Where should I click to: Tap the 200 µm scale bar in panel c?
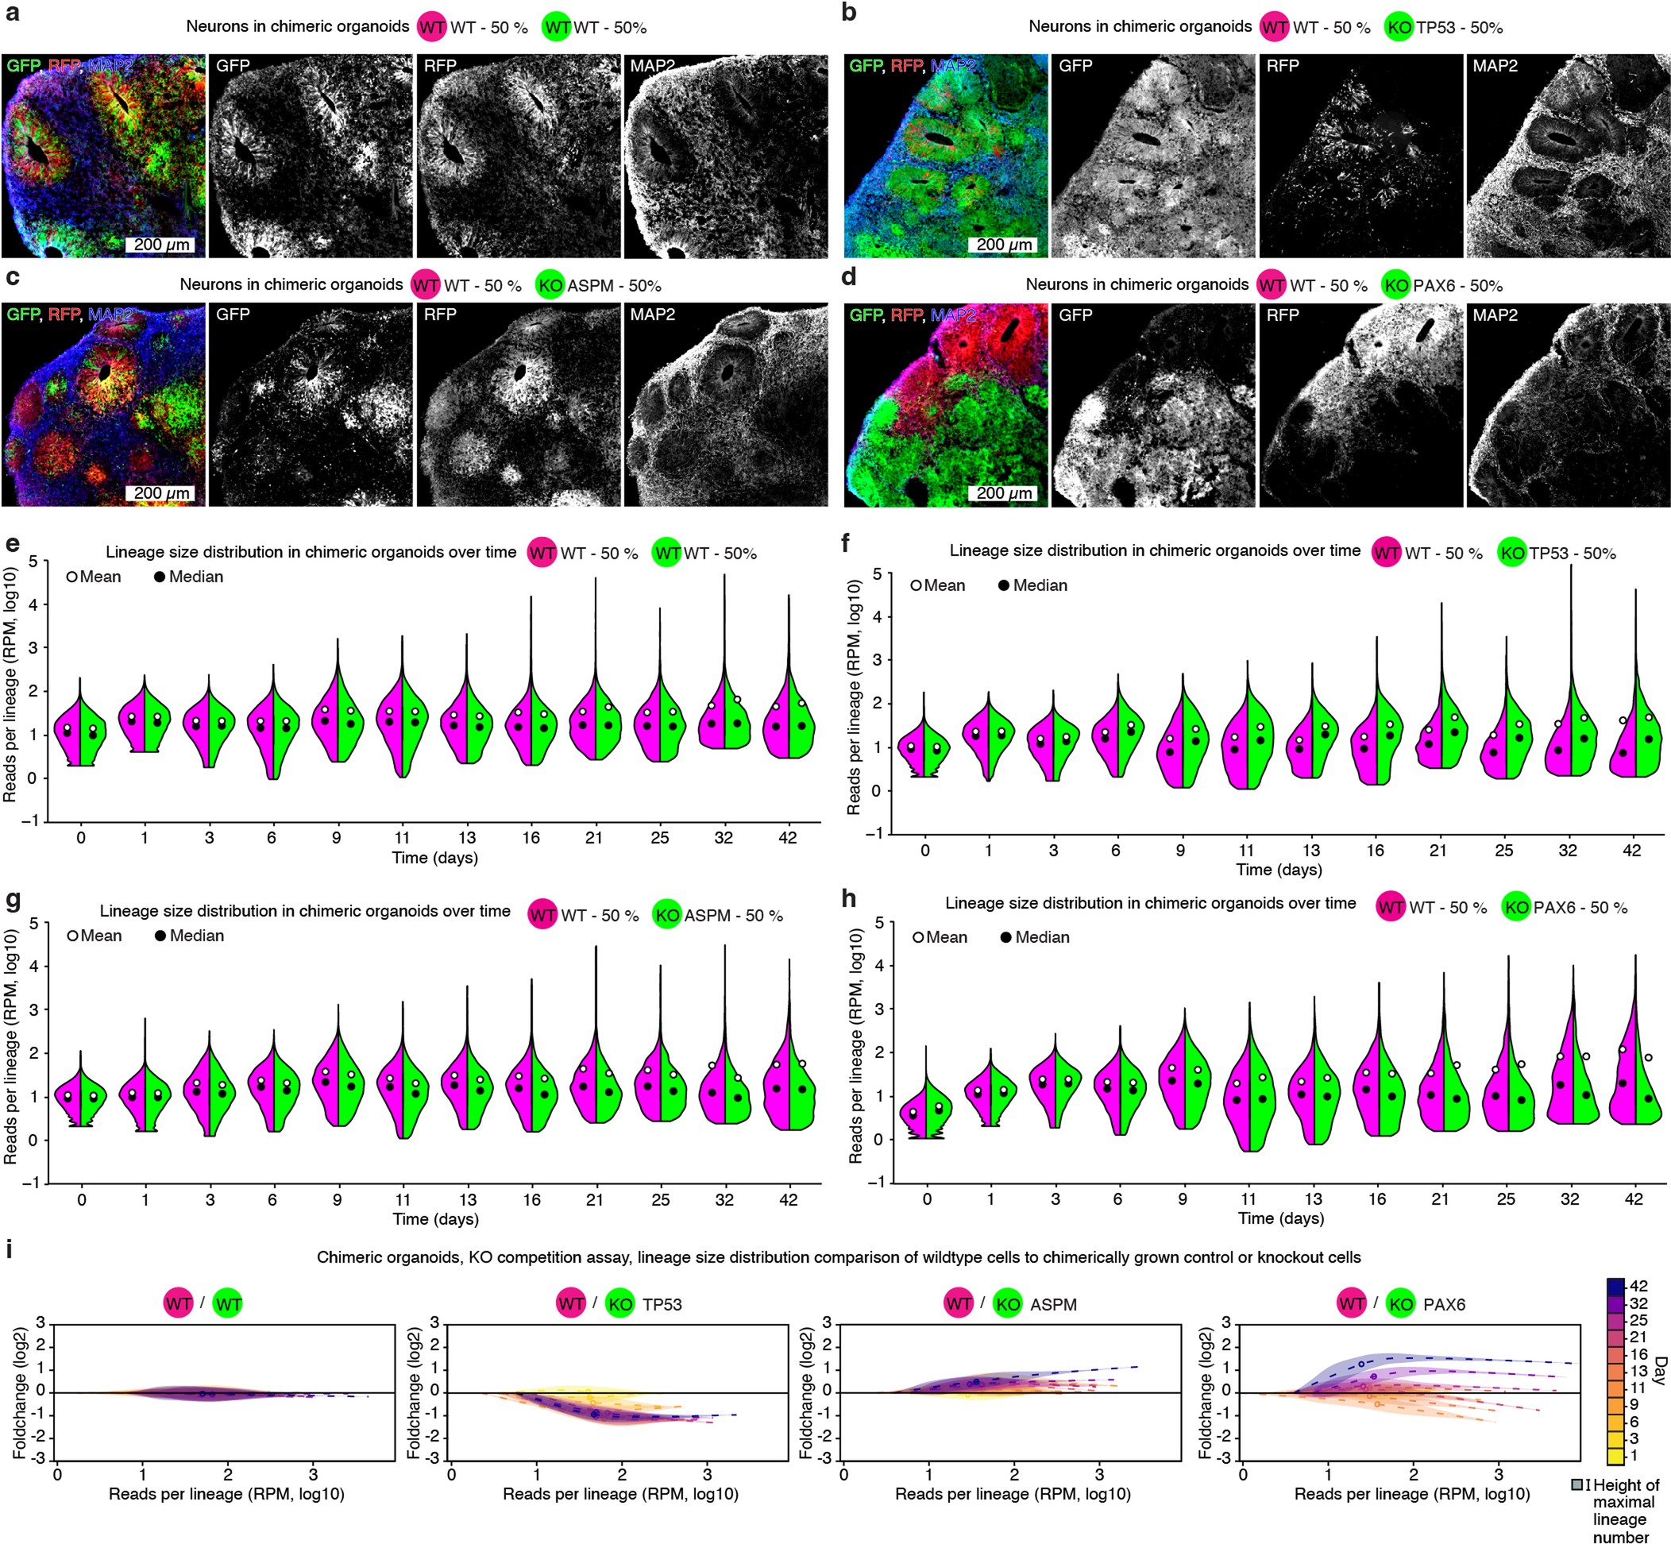[x=162, y=493]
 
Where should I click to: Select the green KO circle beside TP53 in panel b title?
[x=1399, y=28]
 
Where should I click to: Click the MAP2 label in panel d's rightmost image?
[x=1495, y=315]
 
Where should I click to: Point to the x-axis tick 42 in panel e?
[x=787, y=837]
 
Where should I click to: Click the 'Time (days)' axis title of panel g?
[x=435, y=1219]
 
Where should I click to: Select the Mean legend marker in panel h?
[x=918, y=937]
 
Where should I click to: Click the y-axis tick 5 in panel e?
[x=33, y=562]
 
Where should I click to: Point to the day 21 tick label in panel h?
[x=1440, y=1199]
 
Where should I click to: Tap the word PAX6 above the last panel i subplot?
[x=1444, y=1304]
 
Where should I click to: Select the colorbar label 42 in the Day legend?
[x=1638, y=1286]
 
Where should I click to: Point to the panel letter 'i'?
[x=10, y=1250]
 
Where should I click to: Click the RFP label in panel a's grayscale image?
[x=440, y=65]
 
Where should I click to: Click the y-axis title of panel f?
[x=853, y=697]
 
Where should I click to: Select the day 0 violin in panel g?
[x=81, y=1094]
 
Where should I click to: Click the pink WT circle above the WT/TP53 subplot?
[x=572, y=1303]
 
